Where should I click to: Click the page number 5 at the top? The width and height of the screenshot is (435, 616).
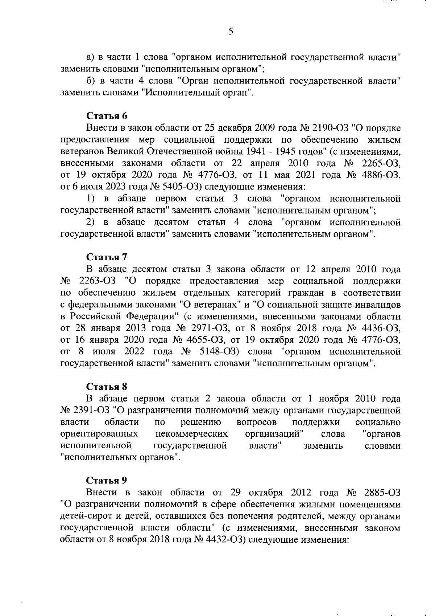[231, 32]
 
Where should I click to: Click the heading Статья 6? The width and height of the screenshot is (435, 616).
[107, 116]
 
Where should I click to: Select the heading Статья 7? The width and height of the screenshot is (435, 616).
[107, 257]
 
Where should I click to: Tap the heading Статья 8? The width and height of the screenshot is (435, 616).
[107, 387]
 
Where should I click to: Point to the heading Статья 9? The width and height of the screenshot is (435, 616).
[107, 481]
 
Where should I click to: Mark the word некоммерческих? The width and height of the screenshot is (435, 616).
[191, 434]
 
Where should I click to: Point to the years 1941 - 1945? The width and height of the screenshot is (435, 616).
[270, 152]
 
